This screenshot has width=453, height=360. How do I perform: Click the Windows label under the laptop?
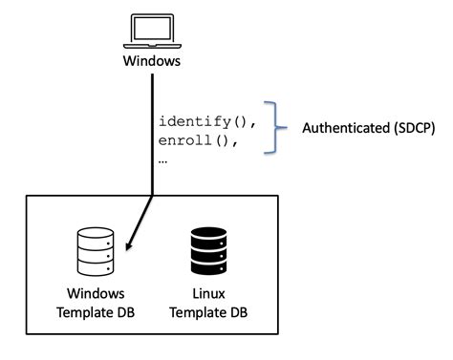152,63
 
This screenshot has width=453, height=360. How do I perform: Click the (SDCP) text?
415,128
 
